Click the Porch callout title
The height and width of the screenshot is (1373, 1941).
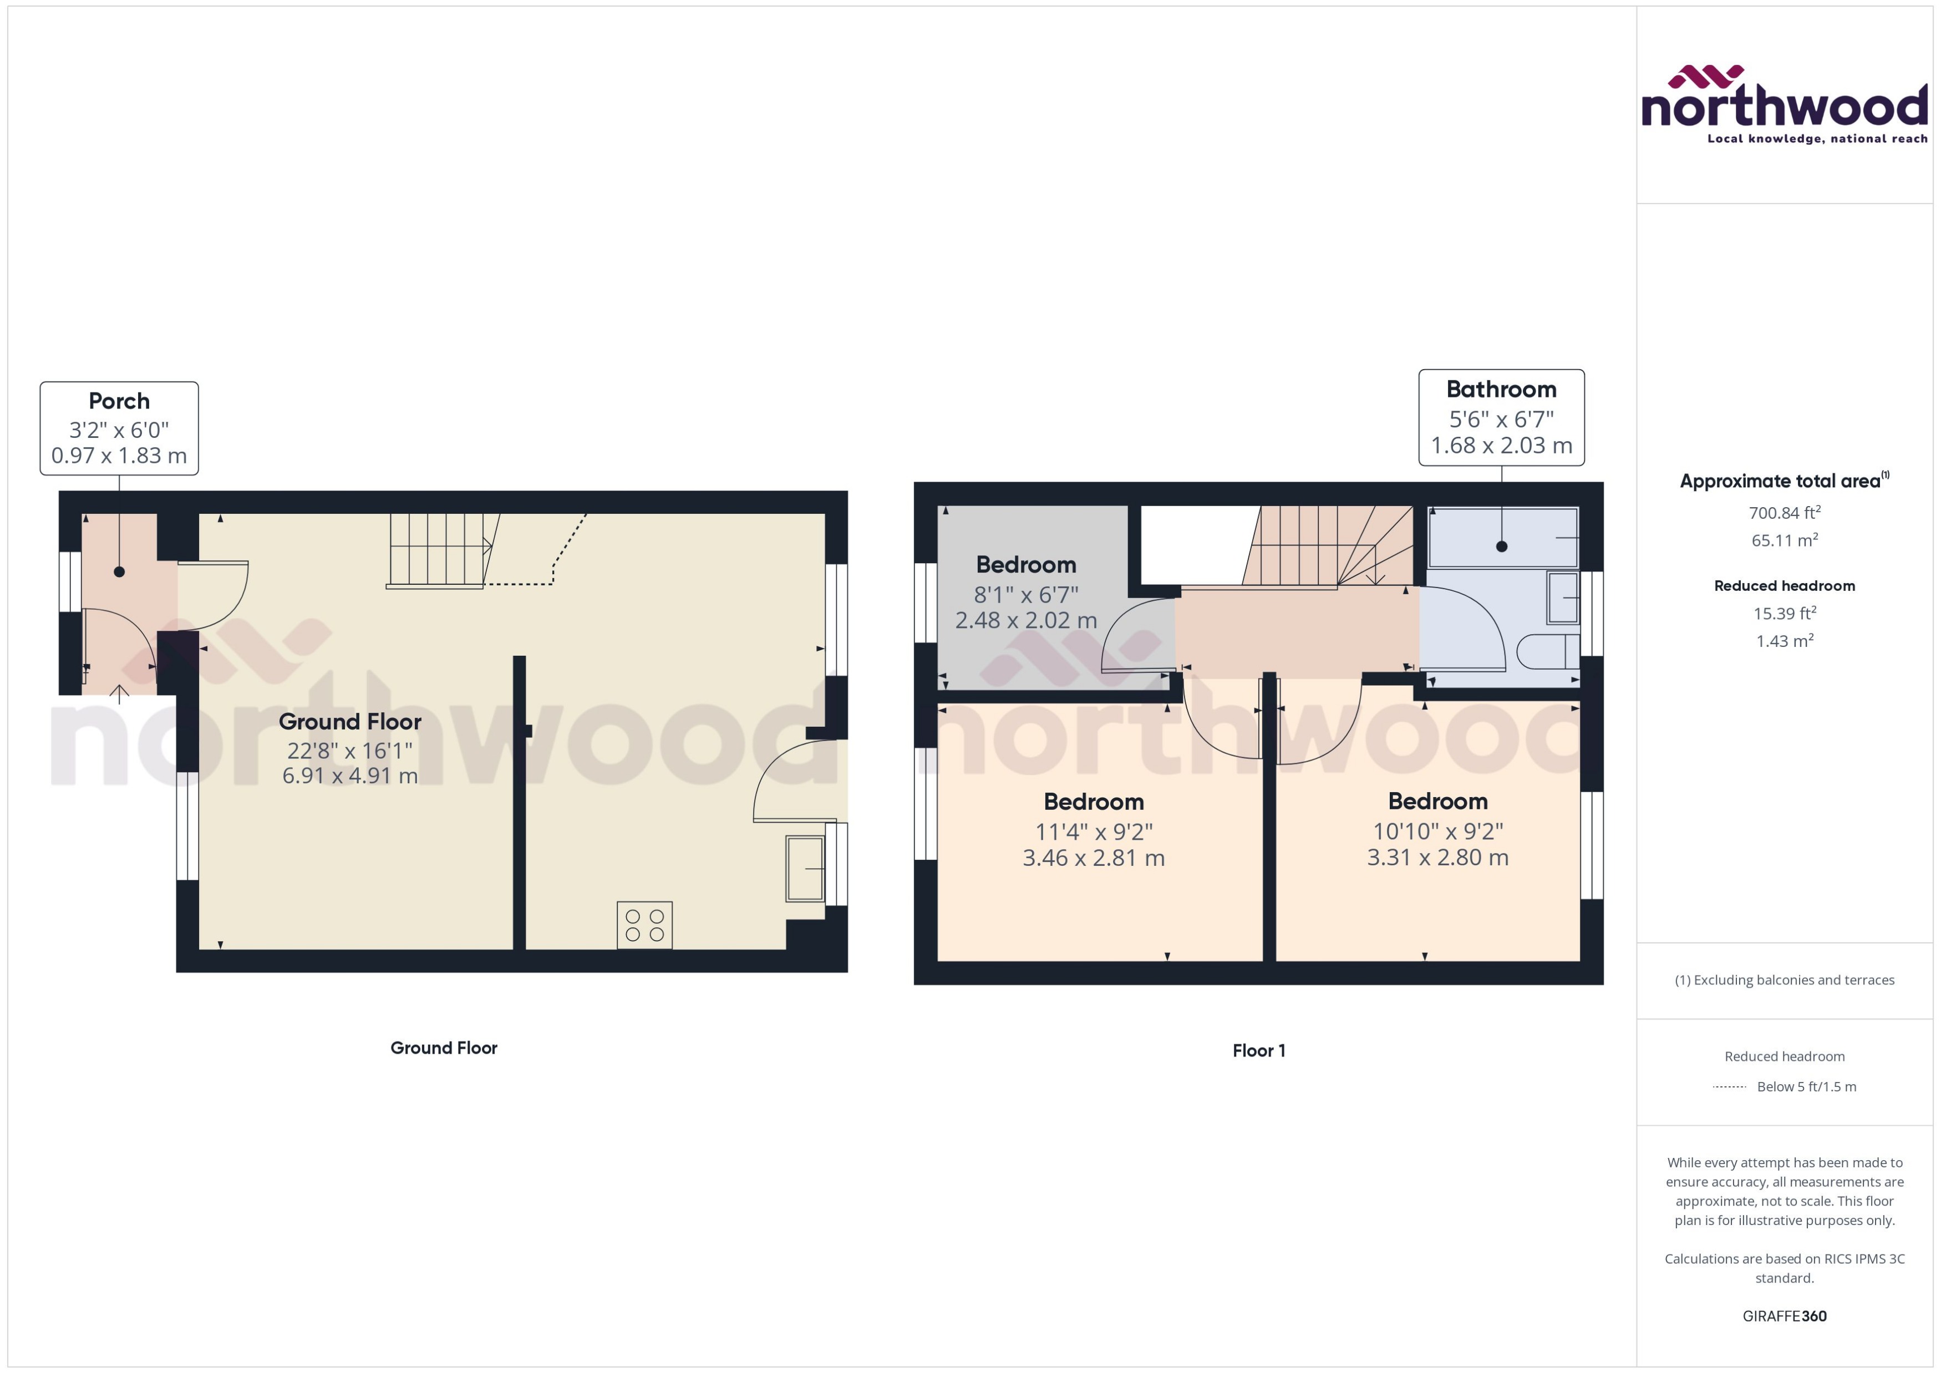pos(119,401)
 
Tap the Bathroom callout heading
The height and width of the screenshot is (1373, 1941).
pos(1501,389)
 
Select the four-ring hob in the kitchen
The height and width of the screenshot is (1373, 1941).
pos(644,925)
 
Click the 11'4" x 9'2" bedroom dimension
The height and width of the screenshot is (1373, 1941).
pos(1094,832)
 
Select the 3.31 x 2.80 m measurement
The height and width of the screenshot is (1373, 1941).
pos(1438,858)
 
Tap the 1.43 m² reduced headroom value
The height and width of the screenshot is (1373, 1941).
pos(1785,641)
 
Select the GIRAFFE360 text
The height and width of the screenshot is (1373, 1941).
pos(1785,1316)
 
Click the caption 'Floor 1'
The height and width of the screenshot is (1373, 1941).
pos(1258,1051)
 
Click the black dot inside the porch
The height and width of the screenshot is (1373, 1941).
pos(119,571)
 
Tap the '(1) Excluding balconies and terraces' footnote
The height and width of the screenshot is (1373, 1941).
pos(1785,980)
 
